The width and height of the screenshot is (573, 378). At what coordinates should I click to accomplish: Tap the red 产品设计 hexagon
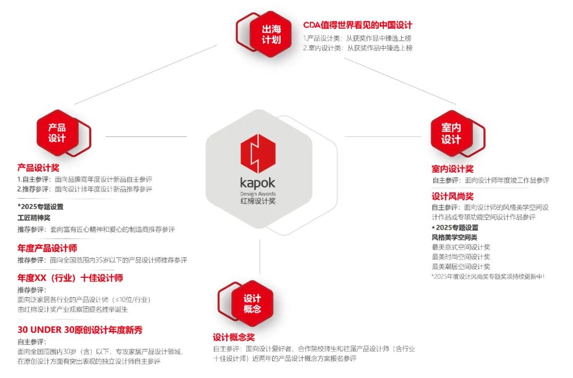(x=57, y=133)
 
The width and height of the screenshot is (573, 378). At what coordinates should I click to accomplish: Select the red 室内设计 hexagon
(x=451, y=134)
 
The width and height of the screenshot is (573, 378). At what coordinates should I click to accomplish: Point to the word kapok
(x=258, y=183)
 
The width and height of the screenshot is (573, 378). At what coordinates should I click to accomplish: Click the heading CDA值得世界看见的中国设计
(x=358, y=25)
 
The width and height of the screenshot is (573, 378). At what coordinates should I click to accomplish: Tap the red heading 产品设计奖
(x=38, y=168)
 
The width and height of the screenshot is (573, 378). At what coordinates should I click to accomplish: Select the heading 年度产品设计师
(x=47, y=248)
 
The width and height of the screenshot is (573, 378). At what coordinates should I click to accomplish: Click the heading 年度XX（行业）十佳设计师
(x=70, y=278)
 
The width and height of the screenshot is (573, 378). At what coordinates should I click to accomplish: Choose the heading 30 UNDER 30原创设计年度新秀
(x=80, y=330)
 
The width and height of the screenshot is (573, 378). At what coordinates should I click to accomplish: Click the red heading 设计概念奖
(x=233, y=337)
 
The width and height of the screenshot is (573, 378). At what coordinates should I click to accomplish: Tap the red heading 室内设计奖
(x=452, y=169)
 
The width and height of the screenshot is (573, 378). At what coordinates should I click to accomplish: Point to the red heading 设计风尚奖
(x=452, y=196)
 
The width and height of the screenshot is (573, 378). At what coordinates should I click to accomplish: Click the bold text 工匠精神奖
(x=34, y=217)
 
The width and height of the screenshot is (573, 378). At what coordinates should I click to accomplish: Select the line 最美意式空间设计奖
(x=461, y=247)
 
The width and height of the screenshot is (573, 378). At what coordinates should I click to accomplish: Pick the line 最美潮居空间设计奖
(x=461, y=266)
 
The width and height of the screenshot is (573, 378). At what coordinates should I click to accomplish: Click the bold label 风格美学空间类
(x=454, y=237)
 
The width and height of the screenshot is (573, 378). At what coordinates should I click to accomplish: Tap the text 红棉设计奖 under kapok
(x=258, y=201)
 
